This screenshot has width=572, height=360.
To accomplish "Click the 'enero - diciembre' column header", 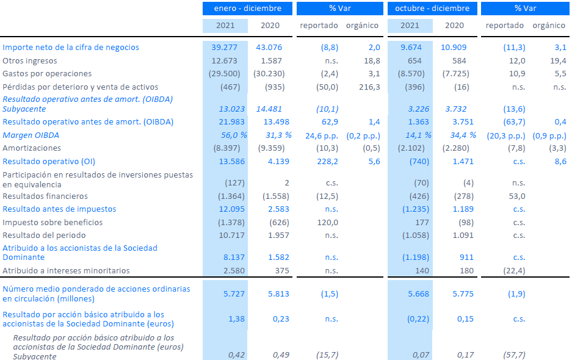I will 247,9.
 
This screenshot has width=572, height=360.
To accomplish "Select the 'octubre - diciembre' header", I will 432,9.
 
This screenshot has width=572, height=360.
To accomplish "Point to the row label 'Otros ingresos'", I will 30,61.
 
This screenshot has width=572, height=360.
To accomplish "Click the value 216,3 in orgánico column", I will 368,87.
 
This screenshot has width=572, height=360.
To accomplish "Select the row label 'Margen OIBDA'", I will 31,135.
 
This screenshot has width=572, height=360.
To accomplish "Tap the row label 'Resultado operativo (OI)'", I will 49,162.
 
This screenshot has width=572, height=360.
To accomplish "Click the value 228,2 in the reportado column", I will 326,162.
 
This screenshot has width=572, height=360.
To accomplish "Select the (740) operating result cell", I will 418,162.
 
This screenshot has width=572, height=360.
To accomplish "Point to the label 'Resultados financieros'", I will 45,196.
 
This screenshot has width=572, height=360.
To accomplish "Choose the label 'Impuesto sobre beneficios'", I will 52,223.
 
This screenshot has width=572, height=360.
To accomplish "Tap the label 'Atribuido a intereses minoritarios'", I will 66,271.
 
